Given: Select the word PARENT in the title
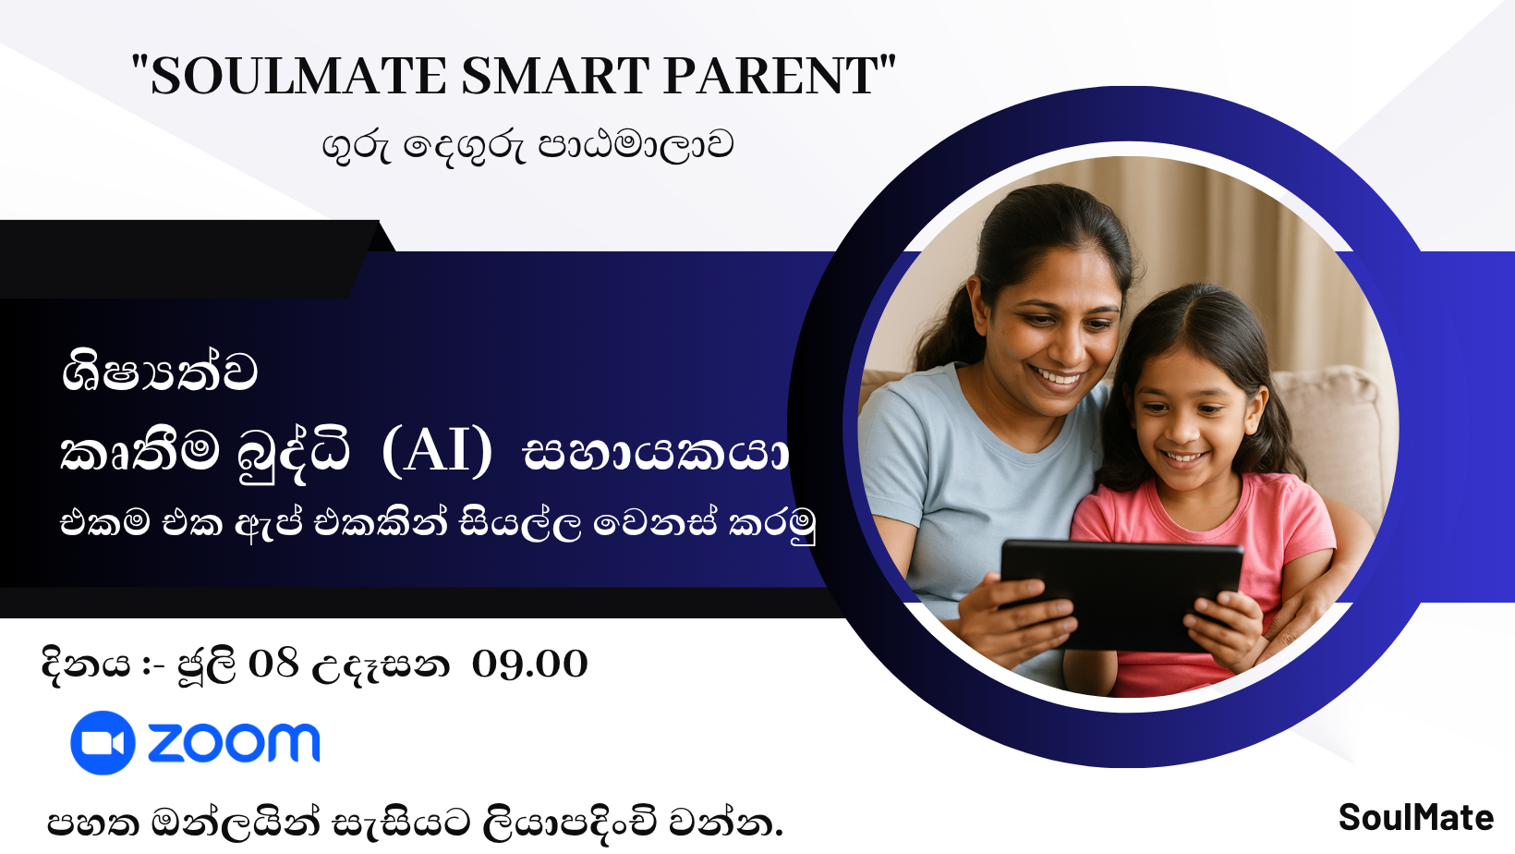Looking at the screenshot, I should (x=770, y=76).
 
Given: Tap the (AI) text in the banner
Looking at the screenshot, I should (x=437, y=452).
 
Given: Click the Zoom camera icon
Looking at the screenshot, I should (x=103, y=742).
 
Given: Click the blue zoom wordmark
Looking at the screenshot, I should (x=234, y=743).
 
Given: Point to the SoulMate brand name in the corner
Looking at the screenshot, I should (x=1415, y=818).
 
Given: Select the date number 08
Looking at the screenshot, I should (x=273, y=664).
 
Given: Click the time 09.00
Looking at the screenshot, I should (x=529, y=664).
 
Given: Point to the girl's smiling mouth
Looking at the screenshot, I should (x=1183, y=456).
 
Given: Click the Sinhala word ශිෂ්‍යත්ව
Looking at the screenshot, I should (x=159, y=372).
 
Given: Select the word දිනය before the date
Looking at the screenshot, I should (x=85, y=664).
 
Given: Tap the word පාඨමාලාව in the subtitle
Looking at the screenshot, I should (x=636, y=146).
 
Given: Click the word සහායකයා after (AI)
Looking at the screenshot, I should (x=656, y=454).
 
